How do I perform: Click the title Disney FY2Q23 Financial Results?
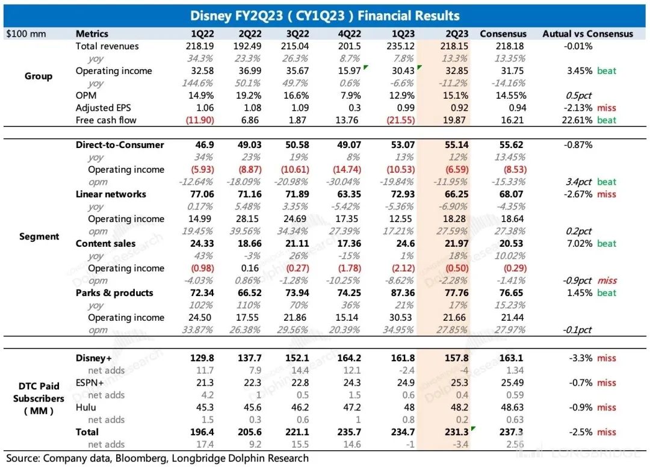click(325, 16)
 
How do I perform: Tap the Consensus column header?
click(503, 34)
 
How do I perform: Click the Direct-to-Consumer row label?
click(120, 145)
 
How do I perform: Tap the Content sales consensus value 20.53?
click(503, 244)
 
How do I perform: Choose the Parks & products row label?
click(114, 293)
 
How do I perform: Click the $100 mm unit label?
click(26, 34)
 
